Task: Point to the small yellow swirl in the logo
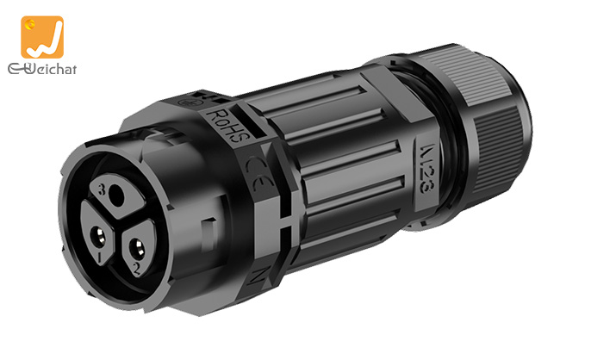pos(34,27)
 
